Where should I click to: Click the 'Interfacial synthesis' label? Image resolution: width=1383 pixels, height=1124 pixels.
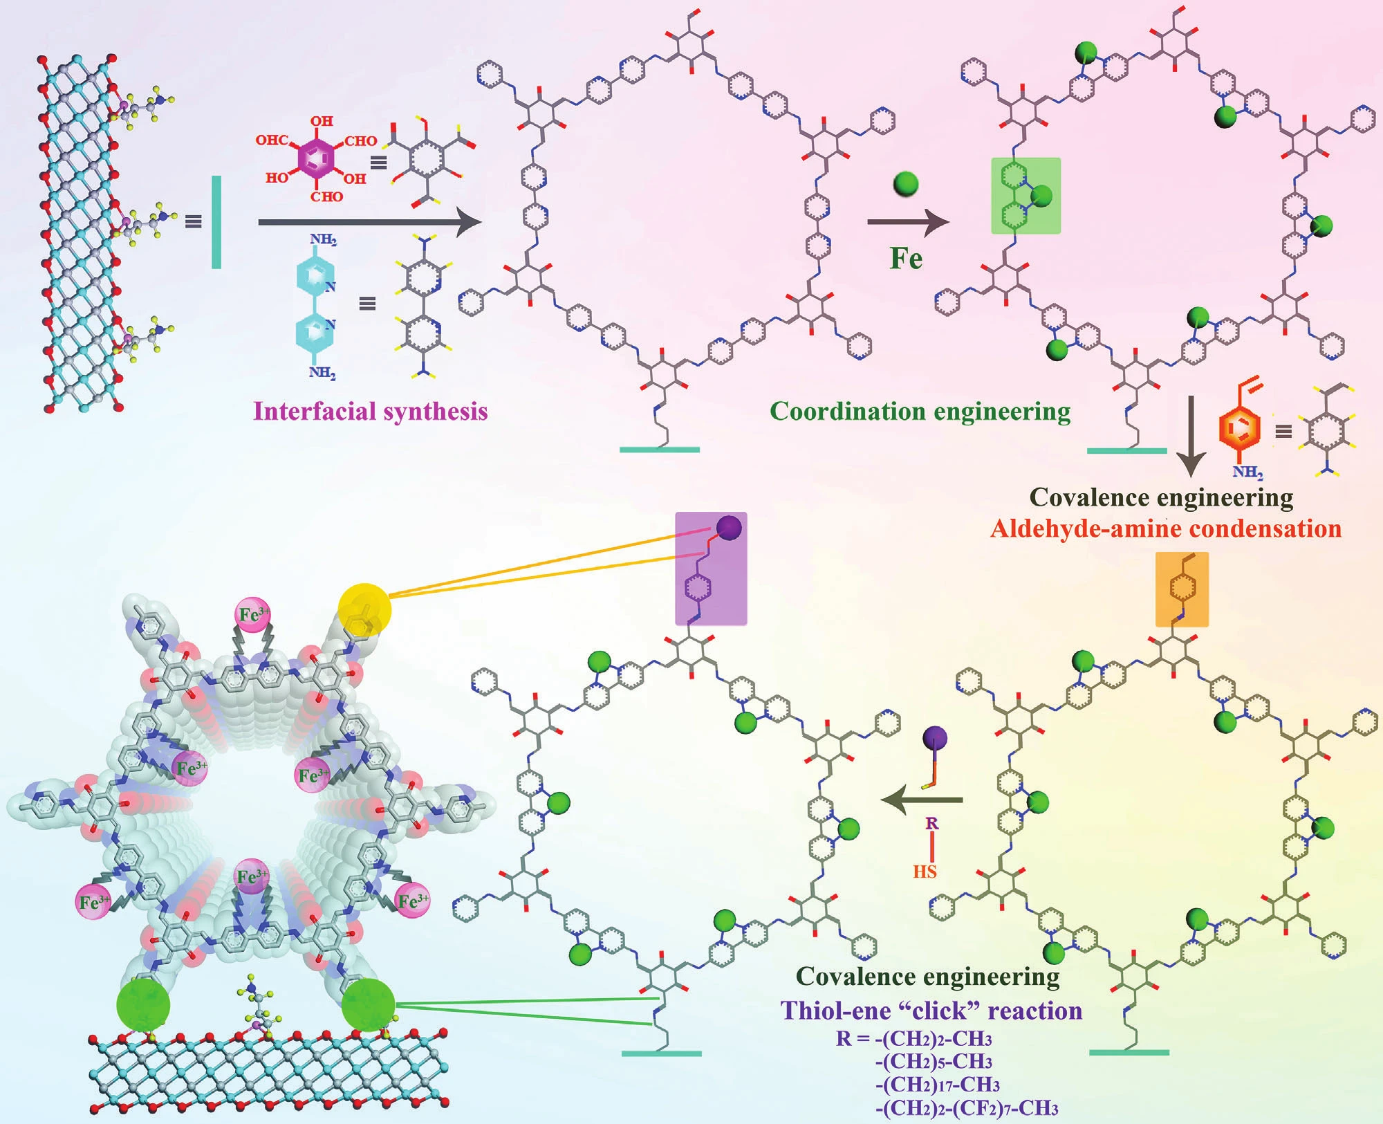(x=371, y=412)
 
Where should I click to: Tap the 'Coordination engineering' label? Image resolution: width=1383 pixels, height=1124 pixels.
(x=920, y=412)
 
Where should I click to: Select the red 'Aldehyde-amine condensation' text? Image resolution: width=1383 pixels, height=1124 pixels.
(x=1166, y=529)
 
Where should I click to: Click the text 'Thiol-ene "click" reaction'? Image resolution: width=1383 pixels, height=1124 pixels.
(x=931, y=1011)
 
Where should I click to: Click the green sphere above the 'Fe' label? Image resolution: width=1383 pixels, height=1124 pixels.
(x=906, y=184)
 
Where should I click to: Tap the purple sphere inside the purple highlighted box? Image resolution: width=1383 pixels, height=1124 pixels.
(x=729, y=528)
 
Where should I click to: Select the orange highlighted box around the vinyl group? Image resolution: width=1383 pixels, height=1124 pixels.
(x=1182, y=589)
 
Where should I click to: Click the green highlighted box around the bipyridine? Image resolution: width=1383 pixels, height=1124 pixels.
(x=1025, y=196)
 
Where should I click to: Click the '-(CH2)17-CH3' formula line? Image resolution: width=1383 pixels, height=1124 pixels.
(x=938, y=1084)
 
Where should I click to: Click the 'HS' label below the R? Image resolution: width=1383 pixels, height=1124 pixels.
(x=925, y=872)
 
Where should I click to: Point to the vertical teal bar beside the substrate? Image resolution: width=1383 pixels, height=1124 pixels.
(x=216, y=222)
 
